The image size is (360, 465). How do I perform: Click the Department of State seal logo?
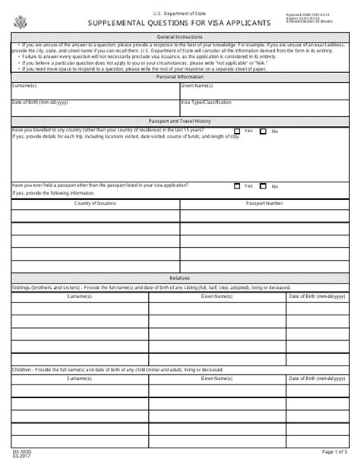click(x=18, y=18)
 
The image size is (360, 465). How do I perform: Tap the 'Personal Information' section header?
click(x=179, y=77)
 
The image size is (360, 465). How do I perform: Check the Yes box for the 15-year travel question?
click(x=238, y=131)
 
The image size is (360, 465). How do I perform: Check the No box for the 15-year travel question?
click(x=264, y=131)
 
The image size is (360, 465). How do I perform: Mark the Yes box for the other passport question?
click(x=238, y=185)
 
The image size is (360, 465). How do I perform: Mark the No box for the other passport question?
click(x=264, y=185)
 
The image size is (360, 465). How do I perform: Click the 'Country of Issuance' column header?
click(x=95, y=204)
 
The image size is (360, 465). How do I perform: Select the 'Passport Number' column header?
click(x=264, y=204)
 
